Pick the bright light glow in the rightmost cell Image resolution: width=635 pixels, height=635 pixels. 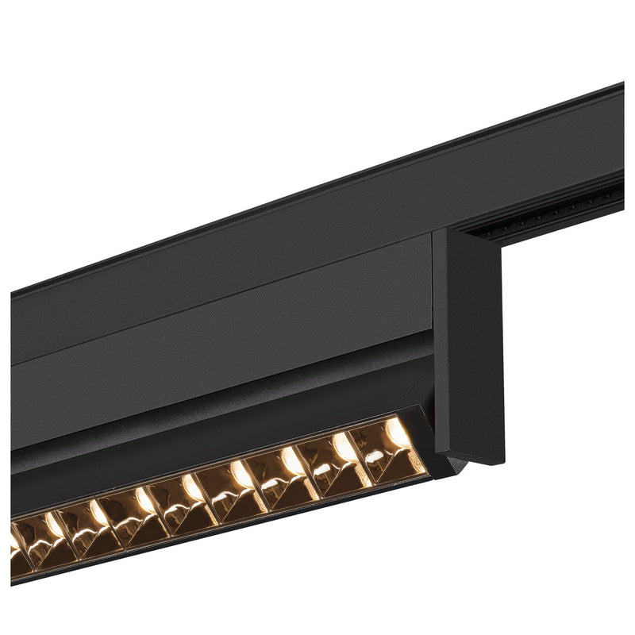click(x=396, y=433)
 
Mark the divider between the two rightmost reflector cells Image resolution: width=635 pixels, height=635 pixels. click(x=364, y=456)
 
